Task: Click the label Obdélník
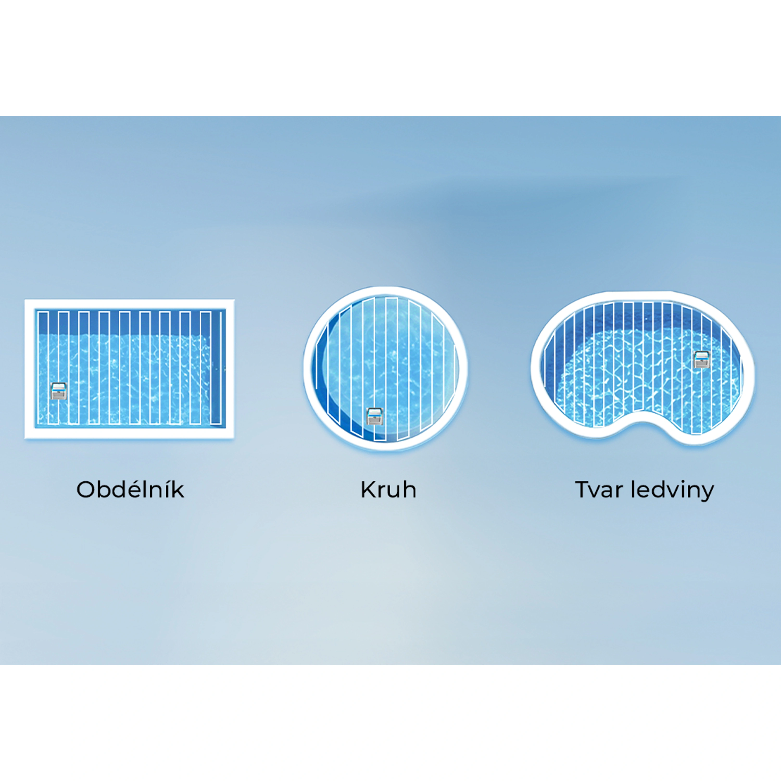(x=130, y=489)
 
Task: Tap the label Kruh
(x=388, y=489)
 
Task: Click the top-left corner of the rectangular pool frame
(x=25, y=300)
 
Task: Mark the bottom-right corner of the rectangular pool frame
(x=234, y=439)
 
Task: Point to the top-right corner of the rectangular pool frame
(x=234, y=300)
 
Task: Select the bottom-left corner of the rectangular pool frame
(x=25, y=439)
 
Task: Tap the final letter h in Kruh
(x=410, y=489)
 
